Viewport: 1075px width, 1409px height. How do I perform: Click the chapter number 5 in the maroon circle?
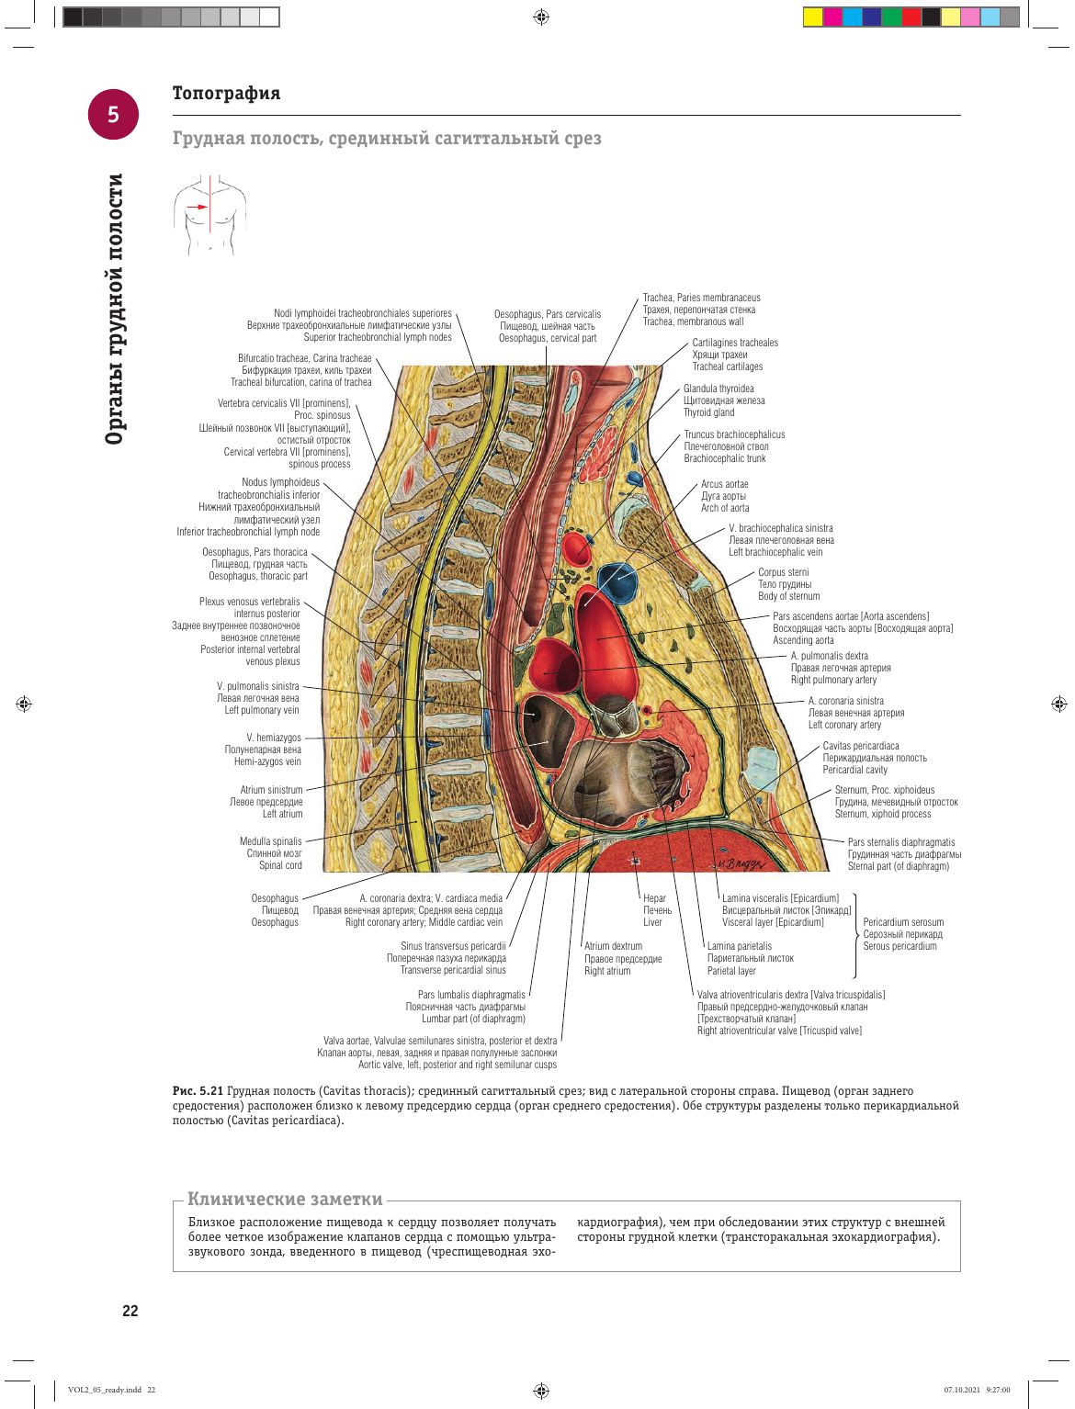click(113, 114)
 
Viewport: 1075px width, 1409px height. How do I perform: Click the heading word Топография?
click(226, 93)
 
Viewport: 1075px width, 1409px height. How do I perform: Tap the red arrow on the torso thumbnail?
click(198, 207)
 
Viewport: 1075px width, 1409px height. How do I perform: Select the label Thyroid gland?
click(708, 412)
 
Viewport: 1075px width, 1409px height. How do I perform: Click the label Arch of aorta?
click(724, 508)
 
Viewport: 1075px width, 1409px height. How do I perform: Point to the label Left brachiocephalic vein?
click(775, 552)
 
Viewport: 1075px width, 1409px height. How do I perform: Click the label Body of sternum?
click(788, 596)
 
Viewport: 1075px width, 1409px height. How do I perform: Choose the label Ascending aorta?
click(803, 640)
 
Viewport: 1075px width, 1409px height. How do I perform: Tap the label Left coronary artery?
click(844, 725)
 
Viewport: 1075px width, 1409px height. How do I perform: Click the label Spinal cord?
click(280, 865)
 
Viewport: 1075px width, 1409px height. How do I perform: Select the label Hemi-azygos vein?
click(267, 761)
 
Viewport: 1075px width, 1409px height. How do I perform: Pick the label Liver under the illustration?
click(651, 922)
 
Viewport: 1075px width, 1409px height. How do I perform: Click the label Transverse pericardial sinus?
click(453, 970)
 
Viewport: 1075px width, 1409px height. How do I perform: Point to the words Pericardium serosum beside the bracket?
click(903, 922)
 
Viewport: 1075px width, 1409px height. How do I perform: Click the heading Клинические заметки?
click(285, 1199)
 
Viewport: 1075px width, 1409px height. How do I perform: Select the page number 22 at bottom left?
click(130, 1311)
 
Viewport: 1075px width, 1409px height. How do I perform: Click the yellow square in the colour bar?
click(813, 17)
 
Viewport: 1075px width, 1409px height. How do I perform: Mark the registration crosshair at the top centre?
click(541, 17)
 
